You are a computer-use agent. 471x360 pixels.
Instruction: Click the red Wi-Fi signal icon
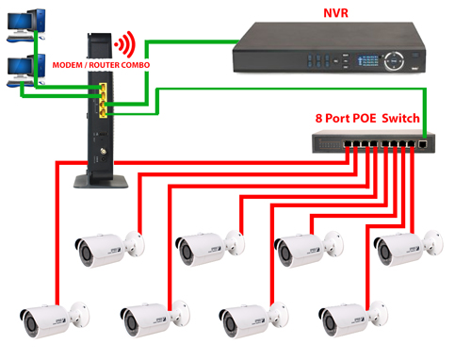(x=123, y=45)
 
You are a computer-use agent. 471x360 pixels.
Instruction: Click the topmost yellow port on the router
(x=100, y=88)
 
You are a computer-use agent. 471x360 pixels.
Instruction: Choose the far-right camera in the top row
(x=407, y=248)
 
